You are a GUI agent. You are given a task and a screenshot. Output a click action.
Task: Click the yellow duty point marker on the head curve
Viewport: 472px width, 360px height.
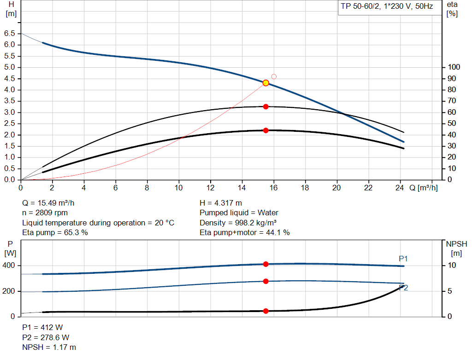[x=265, y=83]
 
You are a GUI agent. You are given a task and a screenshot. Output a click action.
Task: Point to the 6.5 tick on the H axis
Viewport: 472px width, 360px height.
[x=9, y=34]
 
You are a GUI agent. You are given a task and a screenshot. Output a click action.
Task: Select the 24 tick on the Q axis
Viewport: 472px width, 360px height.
[x=400, y=188]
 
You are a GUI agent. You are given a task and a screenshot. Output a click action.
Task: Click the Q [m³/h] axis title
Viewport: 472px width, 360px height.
[x=423, y=188]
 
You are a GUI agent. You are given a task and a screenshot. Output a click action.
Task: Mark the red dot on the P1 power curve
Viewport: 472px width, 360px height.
[x=265, y=264]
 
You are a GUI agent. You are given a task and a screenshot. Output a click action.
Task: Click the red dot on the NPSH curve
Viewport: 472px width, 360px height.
[x=265, y=311]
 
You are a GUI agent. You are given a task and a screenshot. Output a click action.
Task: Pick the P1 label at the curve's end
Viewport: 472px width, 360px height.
[x=403, y=259]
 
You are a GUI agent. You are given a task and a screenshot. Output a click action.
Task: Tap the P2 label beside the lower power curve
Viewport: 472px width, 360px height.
[x=403, y=288]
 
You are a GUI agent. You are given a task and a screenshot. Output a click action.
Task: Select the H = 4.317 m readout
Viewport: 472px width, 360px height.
[x=221, y=203]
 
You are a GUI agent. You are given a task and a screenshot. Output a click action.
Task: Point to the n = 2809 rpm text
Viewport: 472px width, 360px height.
[x=45, y=213]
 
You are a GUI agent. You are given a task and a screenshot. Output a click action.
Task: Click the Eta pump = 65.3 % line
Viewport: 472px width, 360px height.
[x=55, y=233]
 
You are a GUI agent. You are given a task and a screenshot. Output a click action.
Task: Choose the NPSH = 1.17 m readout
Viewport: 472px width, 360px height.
[x=49, y=347]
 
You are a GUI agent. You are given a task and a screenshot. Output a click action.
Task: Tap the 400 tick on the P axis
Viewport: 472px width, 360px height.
[x=9, y=266]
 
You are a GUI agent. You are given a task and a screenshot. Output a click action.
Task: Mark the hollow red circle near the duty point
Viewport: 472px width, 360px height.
[x=274, y=77]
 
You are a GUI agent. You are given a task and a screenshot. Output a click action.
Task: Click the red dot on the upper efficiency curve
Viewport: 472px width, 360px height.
[x=265, y=106]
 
